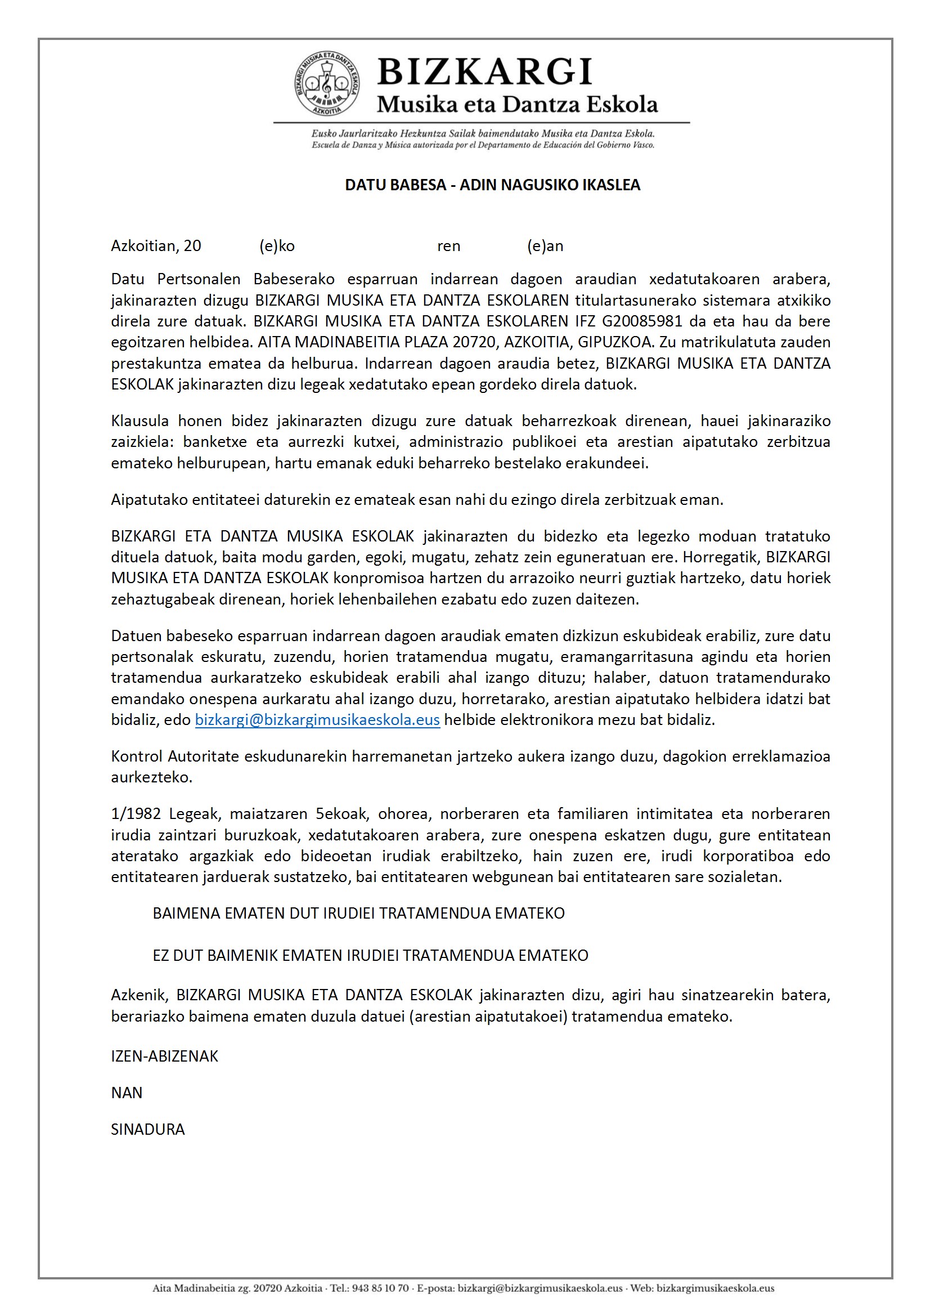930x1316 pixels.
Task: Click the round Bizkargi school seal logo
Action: (x=327, y=84)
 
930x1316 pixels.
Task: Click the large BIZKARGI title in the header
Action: (x=485, y=72)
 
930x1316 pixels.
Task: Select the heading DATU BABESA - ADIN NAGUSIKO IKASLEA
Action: (x=492, y=185)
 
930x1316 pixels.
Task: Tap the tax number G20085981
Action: (x=642, y=321)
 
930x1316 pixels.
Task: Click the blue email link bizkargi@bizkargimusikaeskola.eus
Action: (x=317, y=720)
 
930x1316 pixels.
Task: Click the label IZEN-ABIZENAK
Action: (x=164, y=1057)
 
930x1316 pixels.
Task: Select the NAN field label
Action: (x=127, y=1093)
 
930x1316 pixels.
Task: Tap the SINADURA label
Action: (x=148, y=1130)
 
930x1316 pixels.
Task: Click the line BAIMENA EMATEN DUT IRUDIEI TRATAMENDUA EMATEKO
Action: (x=358, y=914)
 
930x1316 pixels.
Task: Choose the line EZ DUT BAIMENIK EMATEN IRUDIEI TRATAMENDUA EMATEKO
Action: (x=370, y=955)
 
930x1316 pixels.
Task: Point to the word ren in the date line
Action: (x=448, y=246)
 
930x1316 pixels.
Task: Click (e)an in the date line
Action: (x=545, y=246)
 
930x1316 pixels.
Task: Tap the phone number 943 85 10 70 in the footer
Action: (x=380, y=1288)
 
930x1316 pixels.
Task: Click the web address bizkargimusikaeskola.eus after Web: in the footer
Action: (x=715, y=1288)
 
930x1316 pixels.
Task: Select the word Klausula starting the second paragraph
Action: (x=140, y=421)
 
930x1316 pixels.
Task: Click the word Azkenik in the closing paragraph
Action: (x=139, y=995)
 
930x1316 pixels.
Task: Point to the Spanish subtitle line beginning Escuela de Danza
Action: (x=483, y=145)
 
